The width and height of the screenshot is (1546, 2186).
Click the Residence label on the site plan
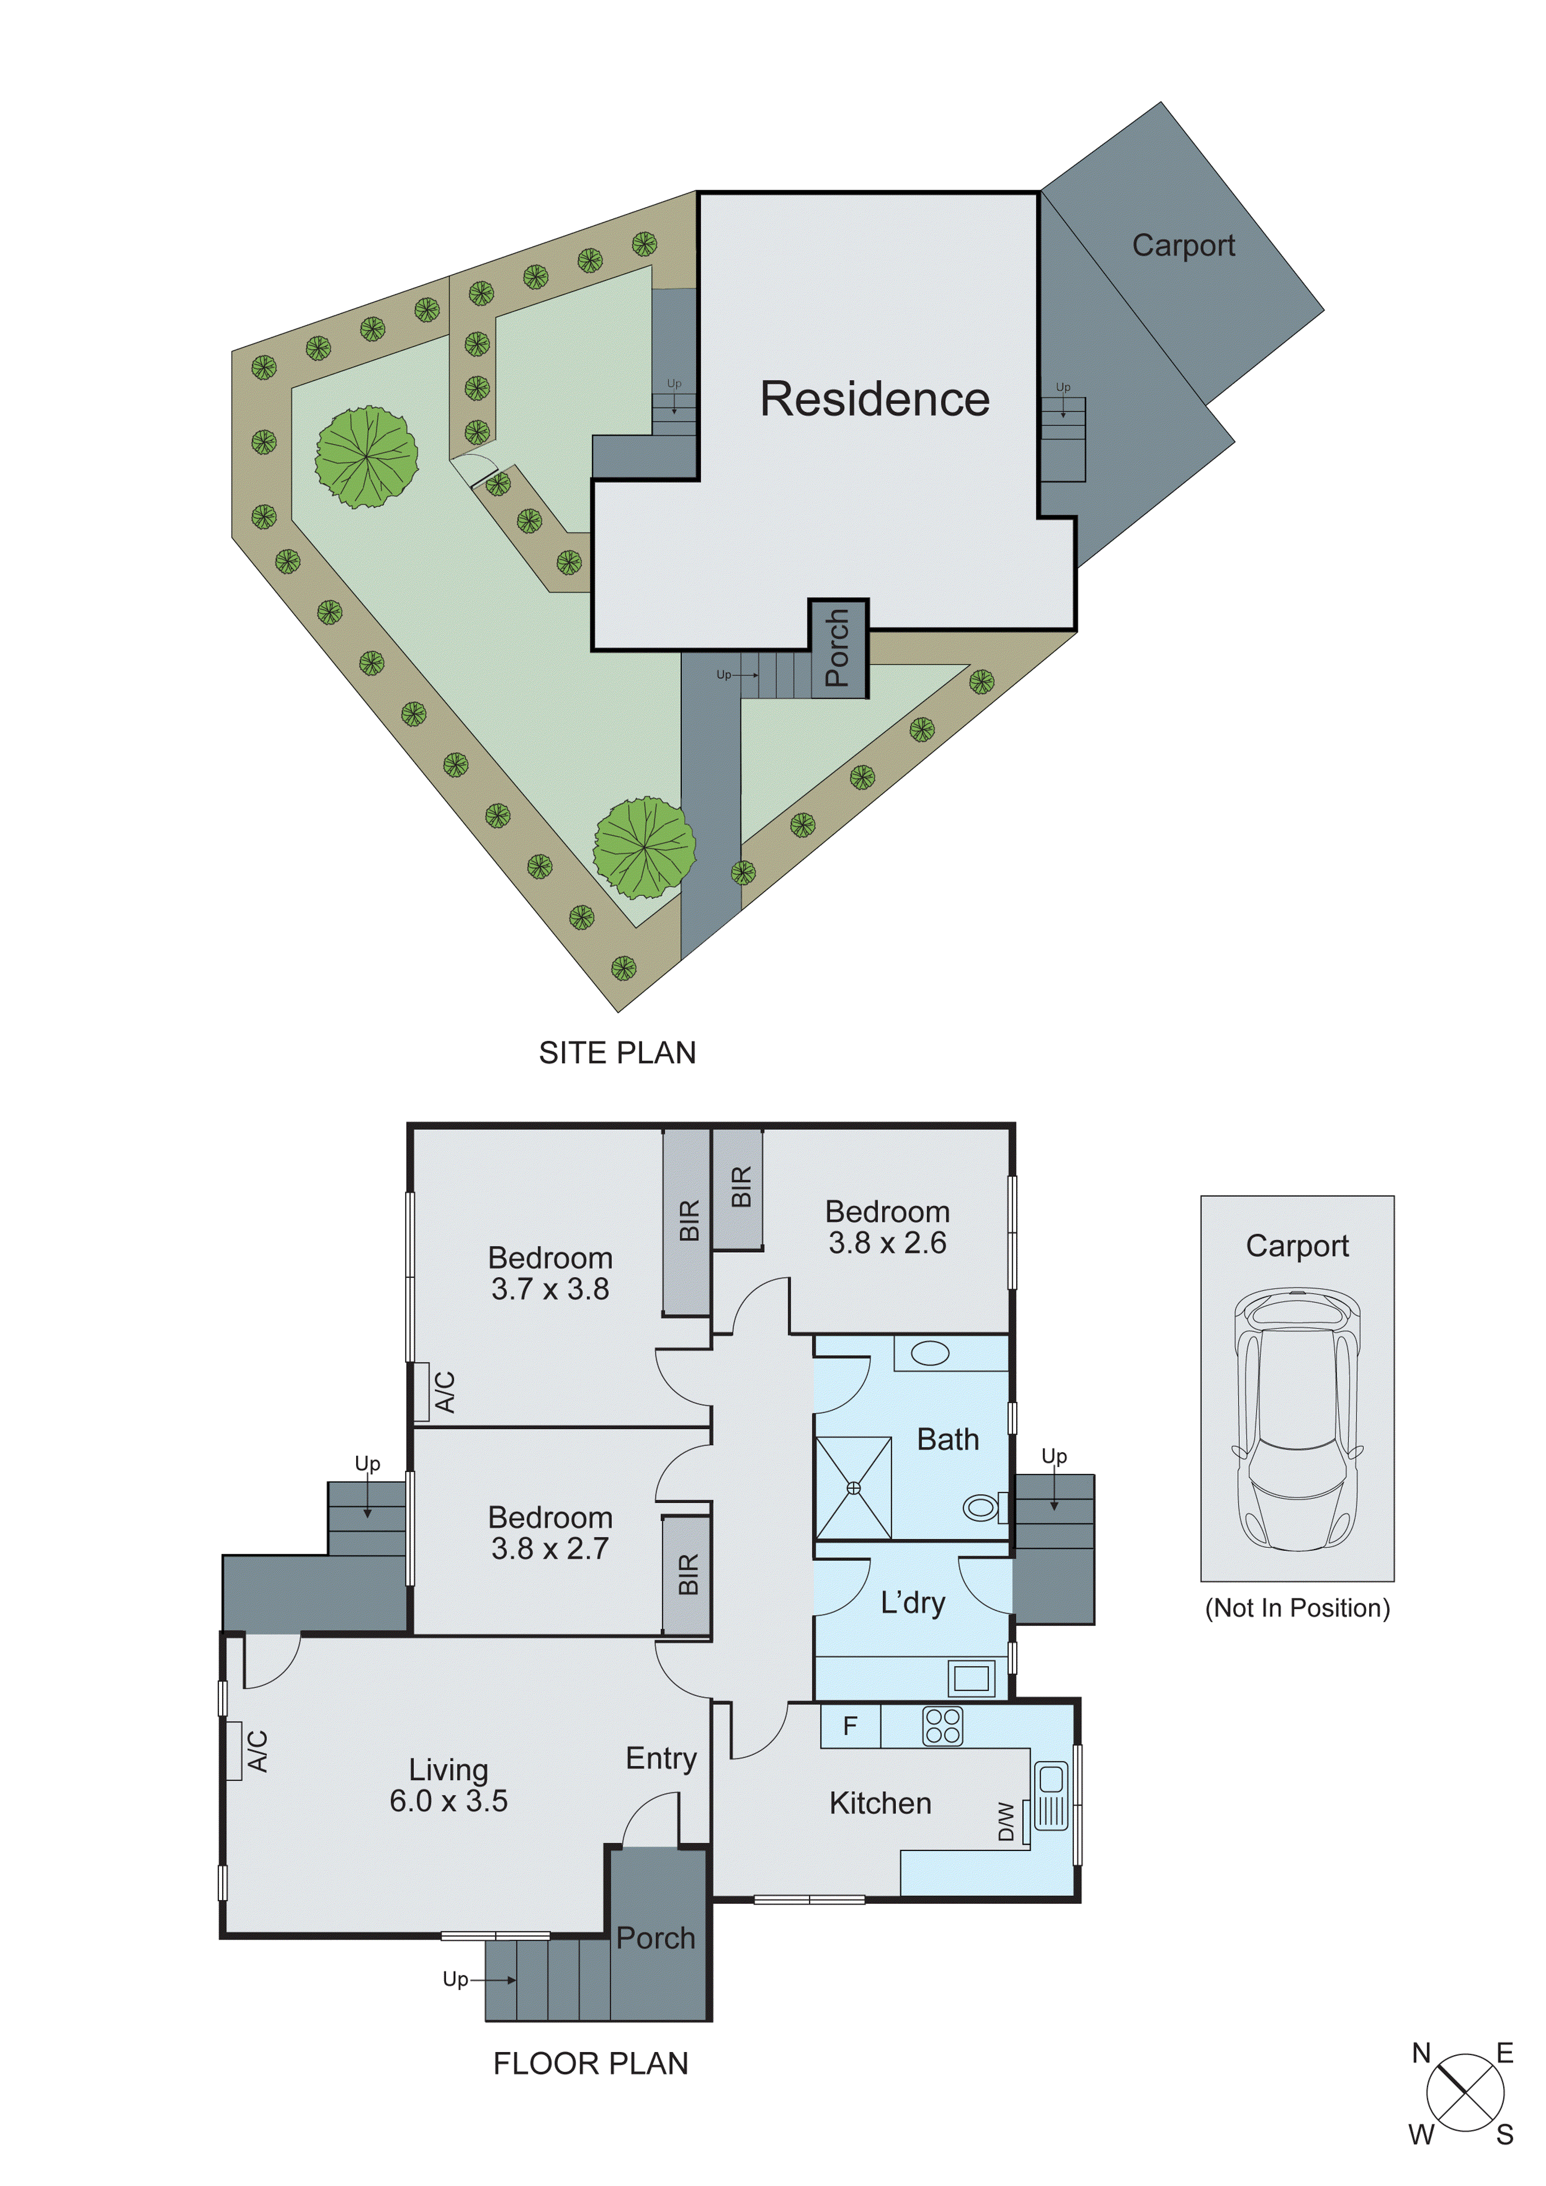point(874,399)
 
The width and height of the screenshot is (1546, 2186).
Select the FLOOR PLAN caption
point(590,2063)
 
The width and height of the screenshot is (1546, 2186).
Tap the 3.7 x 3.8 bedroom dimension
point(550,1289)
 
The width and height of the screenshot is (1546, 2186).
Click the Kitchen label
point(880,1803)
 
